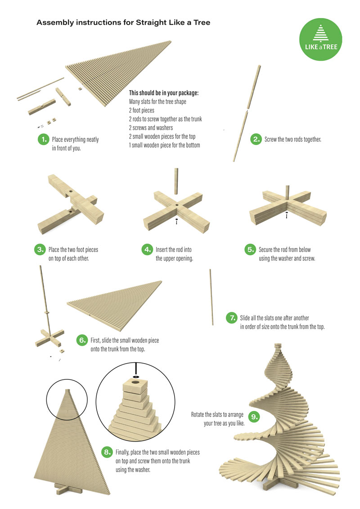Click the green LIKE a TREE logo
coord(320,39)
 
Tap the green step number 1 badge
coord(43,140)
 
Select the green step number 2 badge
coord(256,139)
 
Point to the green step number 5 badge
coord(250,250)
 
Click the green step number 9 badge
coord(254,417)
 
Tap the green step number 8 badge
coord(107,452)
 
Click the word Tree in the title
coord(202,23)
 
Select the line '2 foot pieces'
coord(142,110)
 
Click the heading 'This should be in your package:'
coord(164,93)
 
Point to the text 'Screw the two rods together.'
coord(293,139)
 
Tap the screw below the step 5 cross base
coord(287,215)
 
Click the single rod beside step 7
coord(211,297)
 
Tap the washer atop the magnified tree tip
coord(136,377)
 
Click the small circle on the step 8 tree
coord(67,400)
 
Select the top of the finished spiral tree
coord(278,345)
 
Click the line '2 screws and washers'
coord(151,128)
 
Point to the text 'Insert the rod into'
coord(174,250)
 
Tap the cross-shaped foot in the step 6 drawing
coord(49,338)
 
